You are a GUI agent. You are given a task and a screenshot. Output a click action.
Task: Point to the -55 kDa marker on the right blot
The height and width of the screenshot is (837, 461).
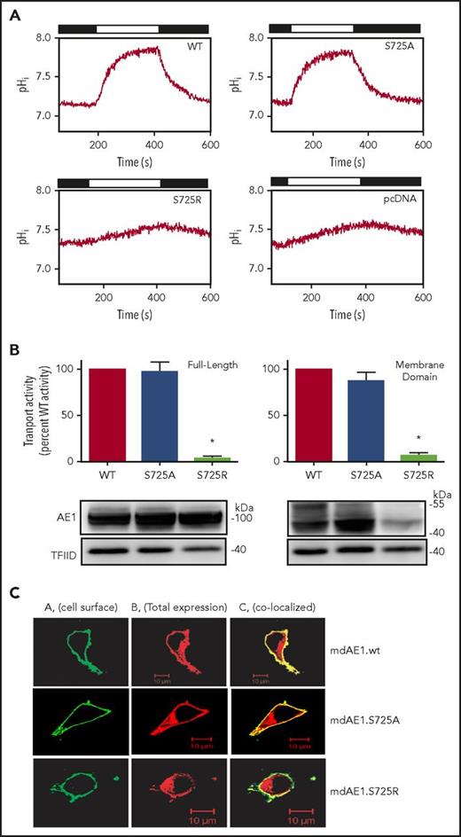coord(441,503)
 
